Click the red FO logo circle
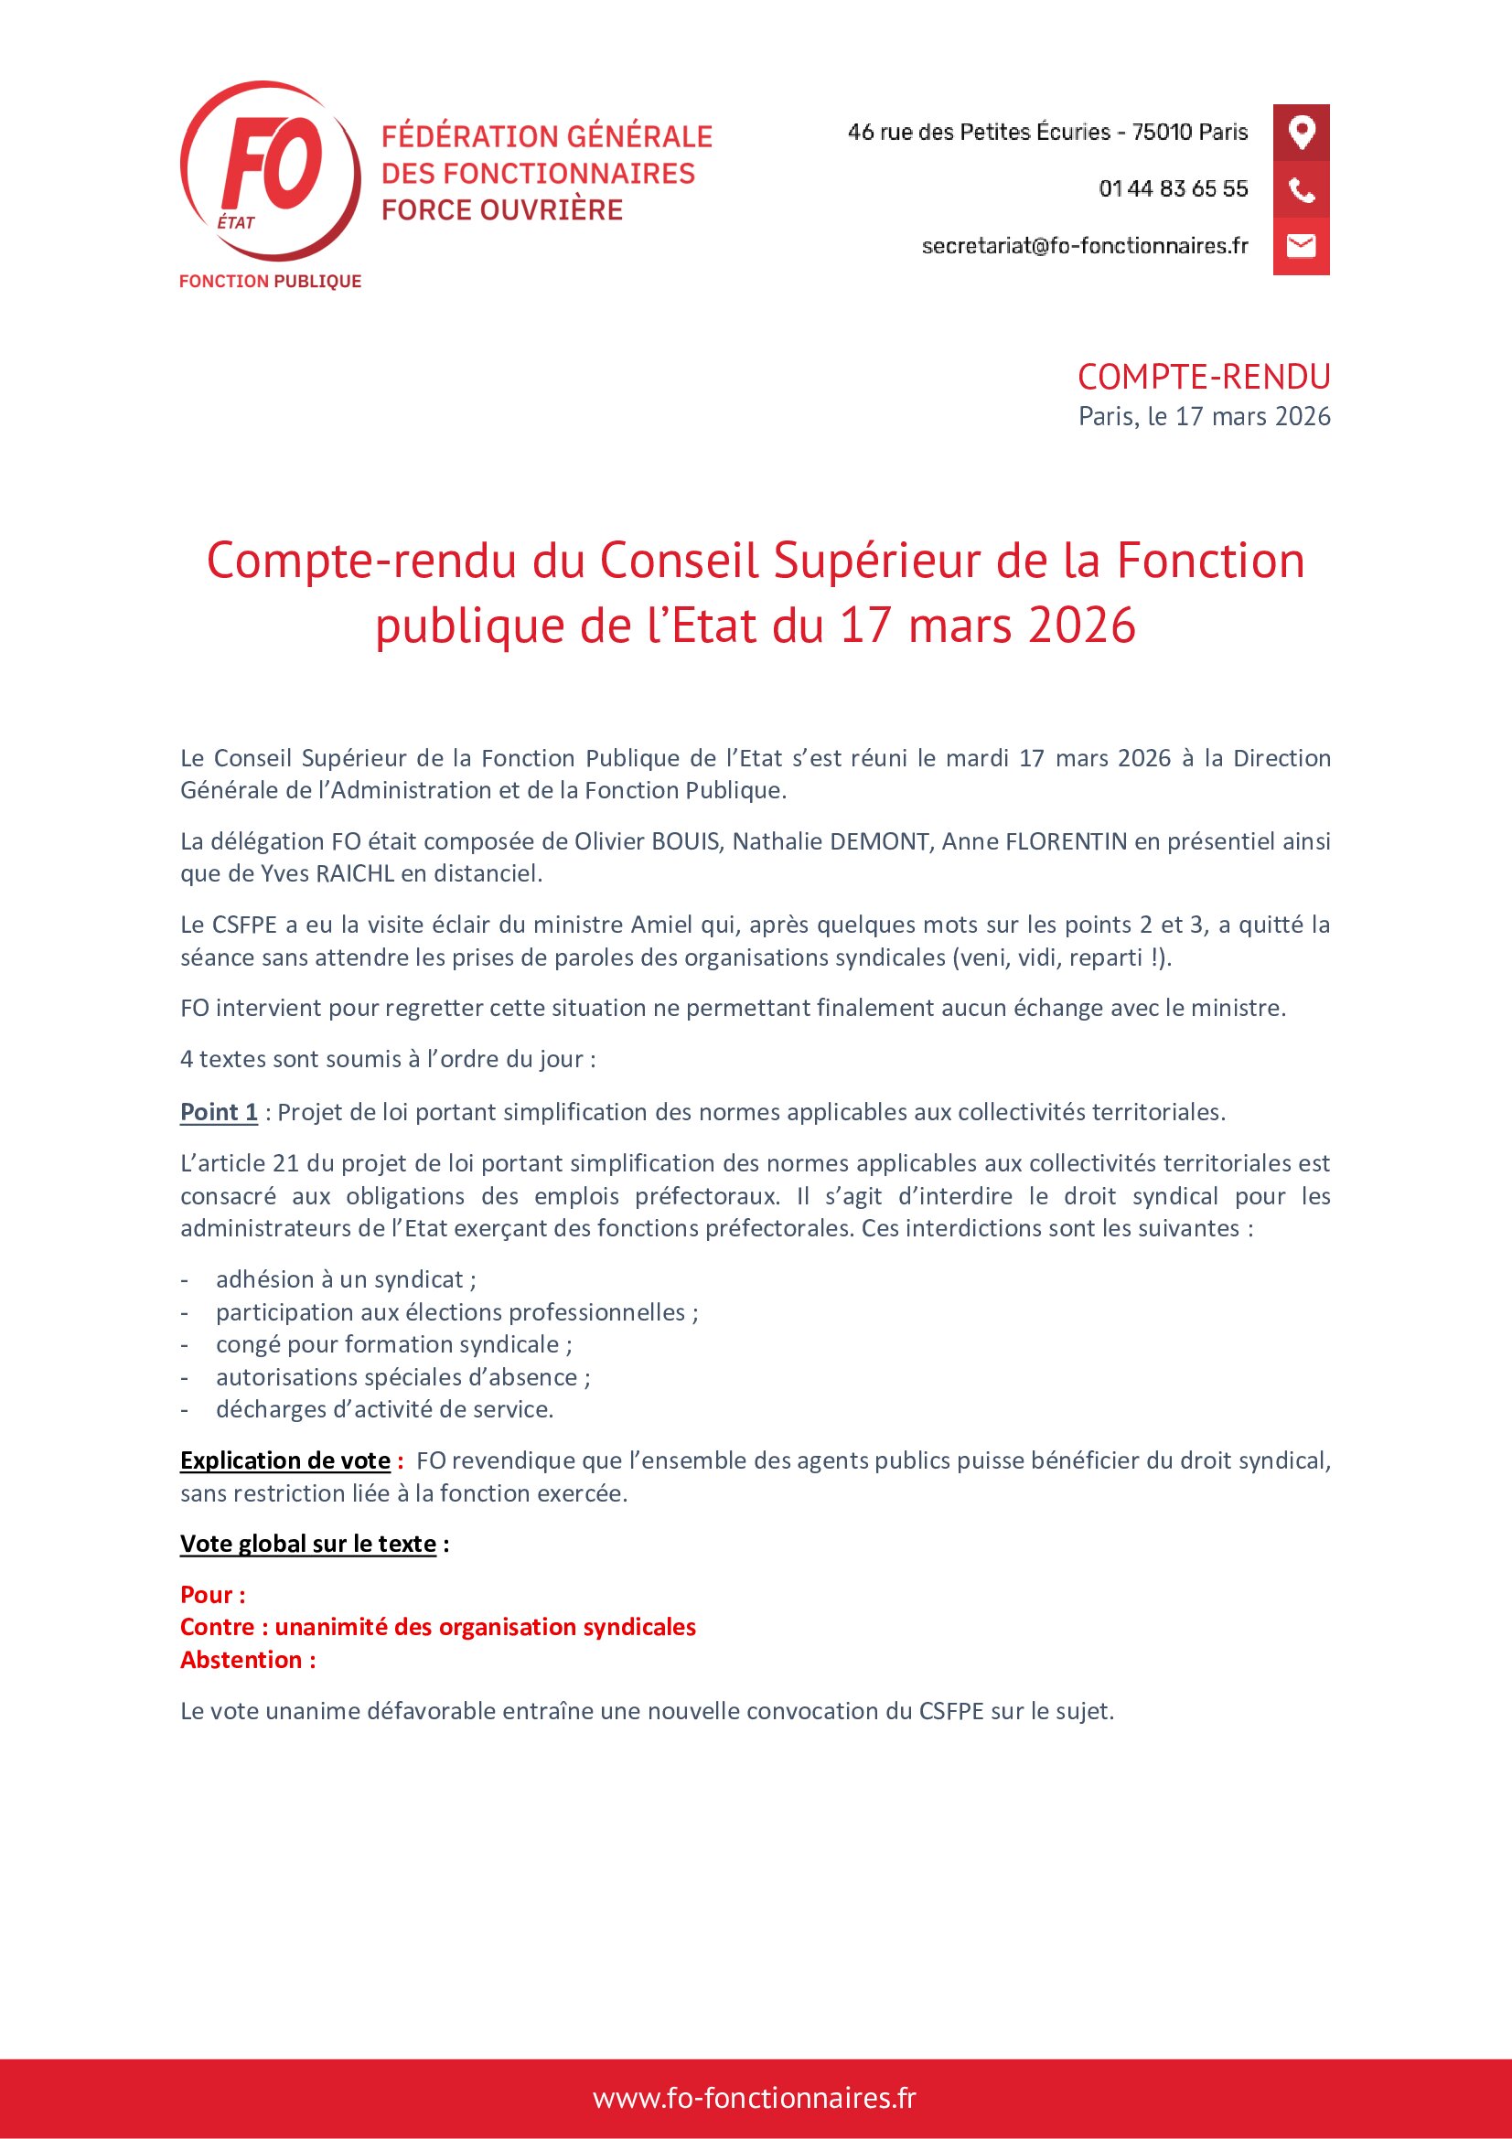click(x=270, y=169)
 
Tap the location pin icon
click(x=1301, y=133)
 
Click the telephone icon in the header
click(x=1301, y=190)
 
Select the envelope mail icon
click(x=1301, y=246)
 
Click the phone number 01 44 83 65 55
click(x=1173, y=189)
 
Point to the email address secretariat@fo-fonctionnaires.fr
click(x=1085, y=246)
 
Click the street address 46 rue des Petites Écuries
click(x=978, y=133)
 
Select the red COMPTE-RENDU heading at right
click(x=1204, y=378)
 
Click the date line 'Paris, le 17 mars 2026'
click(x=1204, y=416)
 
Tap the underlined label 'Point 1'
click(x=219, y=1112)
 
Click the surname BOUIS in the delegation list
click(x=685, y=841)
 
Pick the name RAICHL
click(x=356, y=874)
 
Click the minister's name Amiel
click(x=661, y=925)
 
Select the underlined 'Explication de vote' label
click(x=285, y=1460)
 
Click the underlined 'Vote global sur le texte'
click(x=308, y=1544)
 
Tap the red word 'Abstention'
click(x=241, y=1659)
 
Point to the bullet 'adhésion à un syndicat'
click(x=346, y=1280)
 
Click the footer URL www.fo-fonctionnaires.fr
click(x=755, y=2098)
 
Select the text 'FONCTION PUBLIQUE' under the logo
click(x=270, y=282)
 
